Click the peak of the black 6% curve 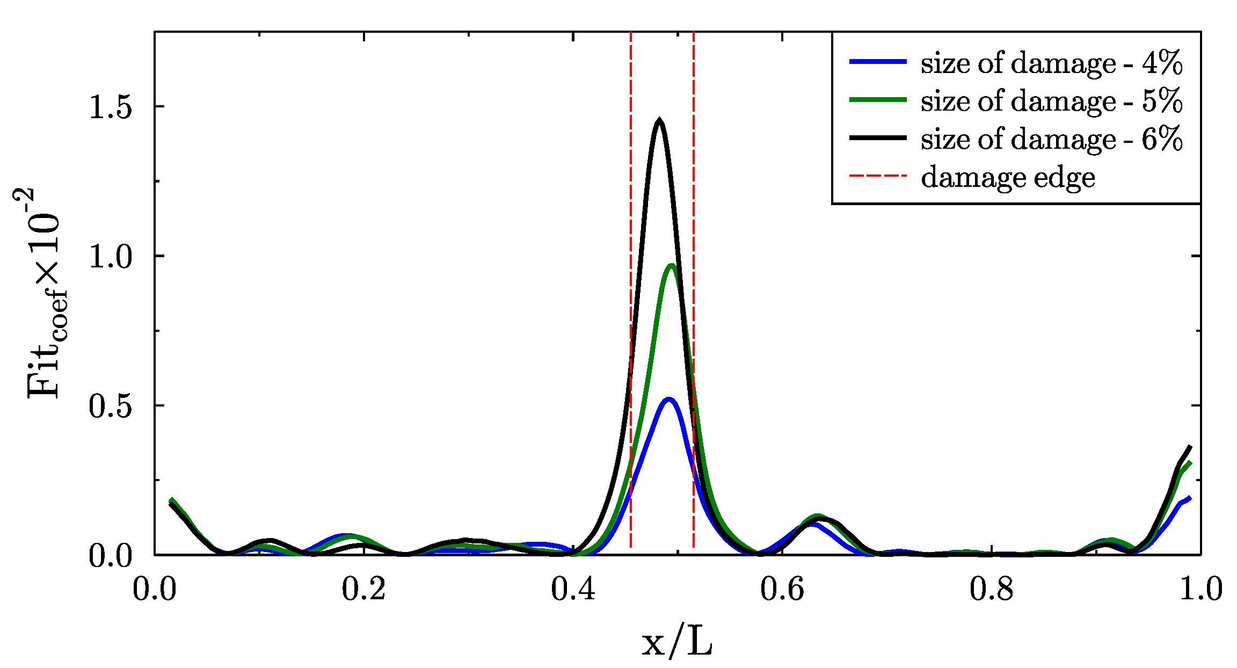pos(659,120)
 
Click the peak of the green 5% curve pos(671,265)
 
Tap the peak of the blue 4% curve pos(668,400)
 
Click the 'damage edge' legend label pos(1008,177)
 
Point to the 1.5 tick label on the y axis pos(110,107)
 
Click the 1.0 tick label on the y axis pos(110,256)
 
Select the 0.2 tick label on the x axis pos(363,589)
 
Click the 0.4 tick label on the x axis pos(573,589)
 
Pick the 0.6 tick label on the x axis pos(782,589)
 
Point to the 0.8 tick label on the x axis pos(991,589)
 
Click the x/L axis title pos(677,642)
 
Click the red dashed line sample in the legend pos(878,176)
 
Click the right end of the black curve pos(1190,447)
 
